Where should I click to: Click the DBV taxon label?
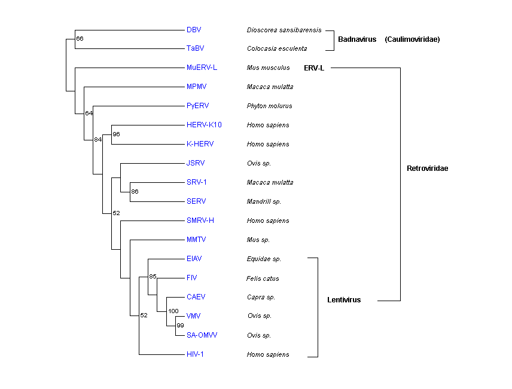[x=194, y=29]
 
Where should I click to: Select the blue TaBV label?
[x=195, y=48]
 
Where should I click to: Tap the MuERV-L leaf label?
[x=202, y=68]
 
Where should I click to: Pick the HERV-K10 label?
[x=204, y=125]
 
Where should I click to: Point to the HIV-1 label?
[x=196, y=354]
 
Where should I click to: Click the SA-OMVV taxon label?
[x=202, y=335]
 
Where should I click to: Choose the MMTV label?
[x=196, y=240]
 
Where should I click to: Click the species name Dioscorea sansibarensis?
[x=284, y=30]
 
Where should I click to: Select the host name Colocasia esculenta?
[x=277, y=49]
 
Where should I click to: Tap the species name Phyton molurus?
[x=270, y=106]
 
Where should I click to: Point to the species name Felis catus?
[x=263, y=278]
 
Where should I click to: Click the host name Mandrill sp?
[x=264, y=202]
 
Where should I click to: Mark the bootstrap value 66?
[x=80, y=39]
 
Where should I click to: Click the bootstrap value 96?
[x=116, y=134]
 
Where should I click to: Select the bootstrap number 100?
[x=173, y=311]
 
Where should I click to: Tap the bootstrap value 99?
[x=180, y=326]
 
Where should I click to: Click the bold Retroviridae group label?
[x=427, y=169]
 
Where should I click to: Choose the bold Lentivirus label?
[x=344, y=300]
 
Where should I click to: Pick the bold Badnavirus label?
[x=357, y=39]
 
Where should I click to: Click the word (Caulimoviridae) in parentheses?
[x=413, y=39]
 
